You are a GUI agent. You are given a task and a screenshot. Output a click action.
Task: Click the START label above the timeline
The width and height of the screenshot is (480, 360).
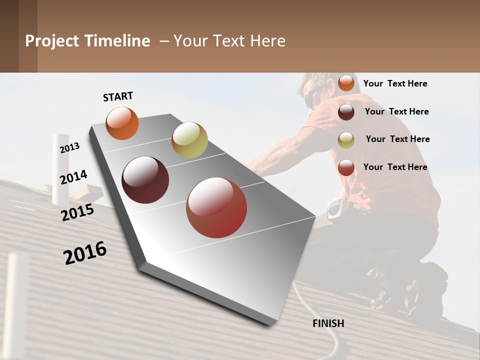118,96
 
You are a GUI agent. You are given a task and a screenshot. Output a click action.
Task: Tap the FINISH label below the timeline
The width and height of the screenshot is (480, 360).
328,323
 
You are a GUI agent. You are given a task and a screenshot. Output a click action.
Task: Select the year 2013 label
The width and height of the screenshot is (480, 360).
70,148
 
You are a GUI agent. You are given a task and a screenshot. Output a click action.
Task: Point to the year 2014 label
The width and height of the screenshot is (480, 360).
73,177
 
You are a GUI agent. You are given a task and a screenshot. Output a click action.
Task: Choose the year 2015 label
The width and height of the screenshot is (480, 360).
77,212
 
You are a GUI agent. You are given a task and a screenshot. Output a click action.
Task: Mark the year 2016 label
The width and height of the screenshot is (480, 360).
85,252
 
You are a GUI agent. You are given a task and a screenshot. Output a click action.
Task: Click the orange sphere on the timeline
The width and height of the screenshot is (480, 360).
122,123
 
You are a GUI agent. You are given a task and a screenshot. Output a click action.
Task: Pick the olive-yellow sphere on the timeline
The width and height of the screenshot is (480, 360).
189,140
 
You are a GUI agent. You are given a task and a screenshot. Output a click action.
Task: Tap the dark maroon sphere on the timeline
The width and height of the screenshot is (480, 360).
145,180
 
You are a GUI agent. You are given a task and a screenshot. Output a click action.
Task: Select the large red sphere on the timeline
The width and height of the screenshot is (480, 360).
216,207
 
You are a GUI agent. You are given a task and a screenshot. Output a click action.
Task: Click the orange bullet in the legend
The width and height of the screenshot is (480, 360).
346,83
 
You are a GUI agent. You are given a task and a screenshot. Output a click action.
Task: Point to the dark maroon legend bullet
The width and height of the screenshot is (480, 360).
346,112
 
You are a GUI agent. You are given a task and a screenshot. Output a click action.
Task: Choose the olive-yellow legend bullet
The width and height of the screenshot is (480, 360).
346,140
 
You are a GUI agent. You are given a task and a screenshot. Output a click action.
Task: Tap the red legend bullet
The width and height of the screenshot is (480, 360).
346,167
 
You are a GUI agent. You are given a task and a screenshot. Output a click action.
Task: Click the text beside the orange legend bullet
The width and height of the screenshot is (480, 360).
395,83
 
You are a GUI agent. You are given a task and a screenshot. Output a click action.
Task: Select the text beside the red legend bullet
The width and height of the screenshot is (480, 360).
395,167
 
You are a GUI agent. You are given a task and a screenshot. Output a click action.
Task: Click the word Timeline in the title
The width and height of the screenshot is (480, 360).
117,41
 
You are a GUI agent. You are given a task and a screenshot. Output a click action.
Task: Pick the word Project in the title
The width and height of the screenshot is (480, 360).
52,41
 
